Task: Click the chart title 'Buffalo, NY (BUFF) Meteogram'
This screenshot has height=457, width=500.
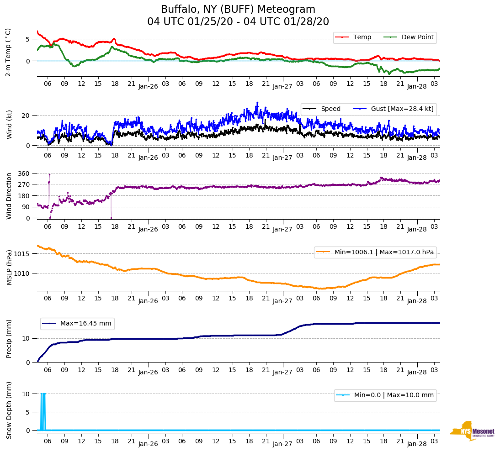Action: click(238, 10)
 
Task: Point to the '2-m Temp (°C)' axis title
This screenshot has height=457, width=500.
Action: click(8, 52)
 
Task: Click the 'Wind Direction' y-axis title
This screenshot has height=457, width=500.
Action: click(9, 196)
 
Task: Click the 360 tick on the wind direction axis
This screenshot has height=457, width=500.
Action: click(24, 173)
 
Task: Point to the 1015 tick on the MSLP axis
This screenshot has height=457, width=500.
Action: click(22, 254)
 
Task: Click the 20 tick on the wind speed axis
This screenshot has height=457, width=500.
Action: click(26, 116)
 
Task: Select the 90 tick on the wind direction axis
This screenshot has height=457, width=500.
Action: click(26, 207)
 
